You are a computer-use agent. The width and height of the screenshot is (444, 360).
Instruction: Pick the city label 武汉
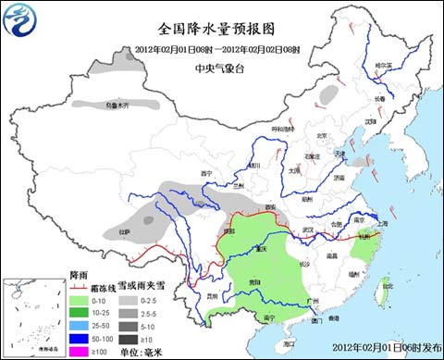pyautogui.click(x=310, y=230)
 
